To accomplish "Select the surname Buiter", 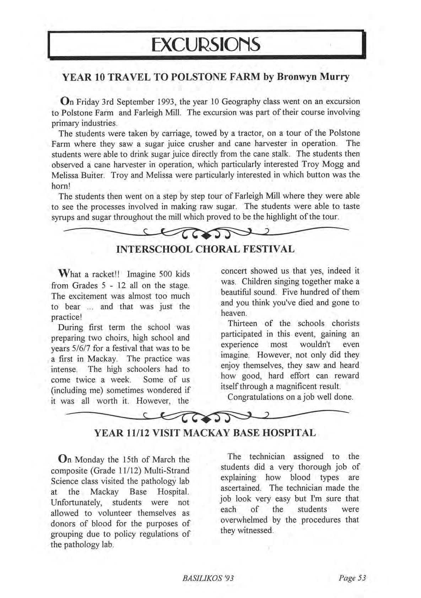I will (95, 175).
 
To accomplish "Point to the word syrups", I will (63, 217).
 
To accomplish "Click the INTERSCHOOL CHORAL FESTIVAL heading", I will (205, 249).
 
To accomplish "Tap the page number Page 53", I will (352, 578).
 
